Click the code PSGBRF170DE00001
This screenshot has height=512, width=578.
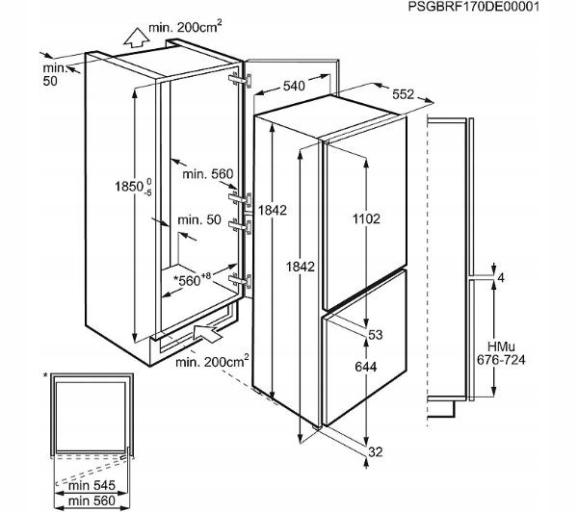coord(473,7)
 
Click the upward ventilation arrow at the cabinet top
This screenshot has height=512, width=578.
coord(136,38)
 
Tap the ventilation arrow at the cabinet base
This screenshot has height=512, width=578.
coord(207,333)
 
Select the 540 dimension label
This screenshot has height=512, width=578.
coord(294,86)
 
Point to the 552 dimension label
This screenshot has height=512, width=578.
coord(403,94)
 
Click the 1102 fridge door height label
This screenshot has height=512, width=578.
coord(366,218)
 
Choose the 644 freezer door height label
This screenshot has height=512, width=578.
coord(366,367)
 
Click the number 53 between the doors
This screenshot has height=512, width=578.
coord(376,335)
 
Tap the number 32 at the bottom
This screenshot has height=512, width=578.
coord(376,451)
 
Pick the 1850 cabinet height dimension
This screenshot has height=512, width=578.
coord(133,186)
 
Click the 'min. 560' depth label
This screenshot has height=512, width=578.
coord(208,173)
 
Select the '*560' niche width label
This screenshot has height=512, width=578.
coord(192,279)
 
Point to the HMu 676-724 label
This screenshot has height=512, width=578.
coord(501,353)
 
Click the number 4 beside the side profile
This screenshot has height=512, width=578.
coord(501,278)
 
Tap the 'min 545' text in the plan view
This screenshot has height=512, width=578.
coord(92,485)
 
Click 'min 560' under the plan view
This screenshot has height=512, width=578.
coord(92,500)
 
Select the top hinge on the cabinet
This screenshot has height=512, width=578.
coord(240,80)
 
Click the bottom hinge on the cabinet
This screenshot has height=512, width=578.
coord(240,281)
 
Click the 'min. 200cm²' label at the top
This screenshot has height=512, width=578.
coord(185,27)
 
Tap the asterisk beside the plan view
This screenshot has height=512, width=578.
coord(45,375)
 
